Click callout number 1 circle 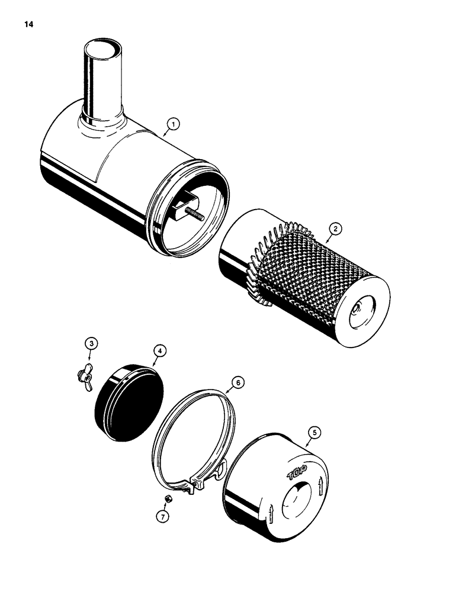click(x=172, y=124)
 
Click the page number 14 click(x=29, y=25)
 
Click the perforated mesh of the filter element click(x=308, y=266)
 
